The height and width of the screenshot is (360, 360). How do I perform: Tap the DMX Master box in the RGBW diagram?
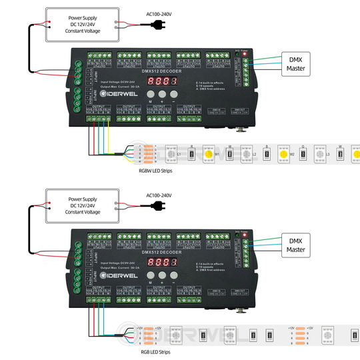pos(296,63)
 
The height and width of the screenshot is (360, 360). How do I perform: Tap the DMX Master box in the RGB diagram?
pos(296,244)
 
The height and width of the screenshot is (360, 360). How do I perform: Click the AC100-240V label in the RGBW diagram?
pos(159,14)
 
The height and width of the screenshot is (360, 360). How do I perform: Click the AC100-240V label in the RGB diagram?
pos(159,196)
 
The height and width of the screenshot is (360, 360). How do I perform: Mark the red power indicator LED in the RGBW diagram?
pos(245,52)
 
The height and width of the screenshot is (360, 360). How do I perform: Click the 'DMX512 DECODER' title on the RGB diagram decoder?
pos(160,252)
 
